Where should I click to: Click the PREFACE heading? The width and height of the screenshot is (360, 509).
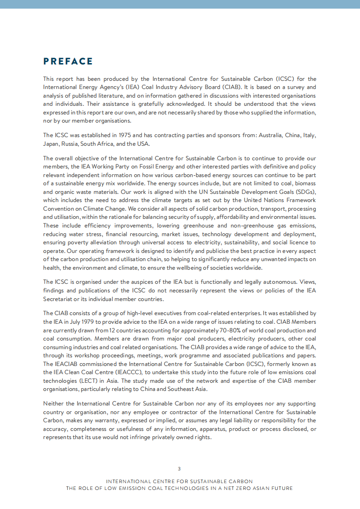68,61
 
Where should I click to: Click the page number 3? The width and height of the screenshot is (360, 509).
179,469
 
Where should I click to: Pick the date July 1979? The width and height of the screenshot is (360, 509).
77,321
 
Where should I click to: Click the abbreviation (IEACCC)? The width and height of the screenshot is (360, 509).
127,372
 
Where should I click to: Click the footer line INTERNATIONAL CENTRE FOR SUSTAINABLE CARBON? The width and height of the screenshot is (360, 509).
179,481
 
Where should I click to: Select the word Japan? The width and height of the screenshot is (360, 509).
51,144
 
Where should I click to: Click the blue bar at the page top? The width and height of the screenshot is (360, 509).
180,4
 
